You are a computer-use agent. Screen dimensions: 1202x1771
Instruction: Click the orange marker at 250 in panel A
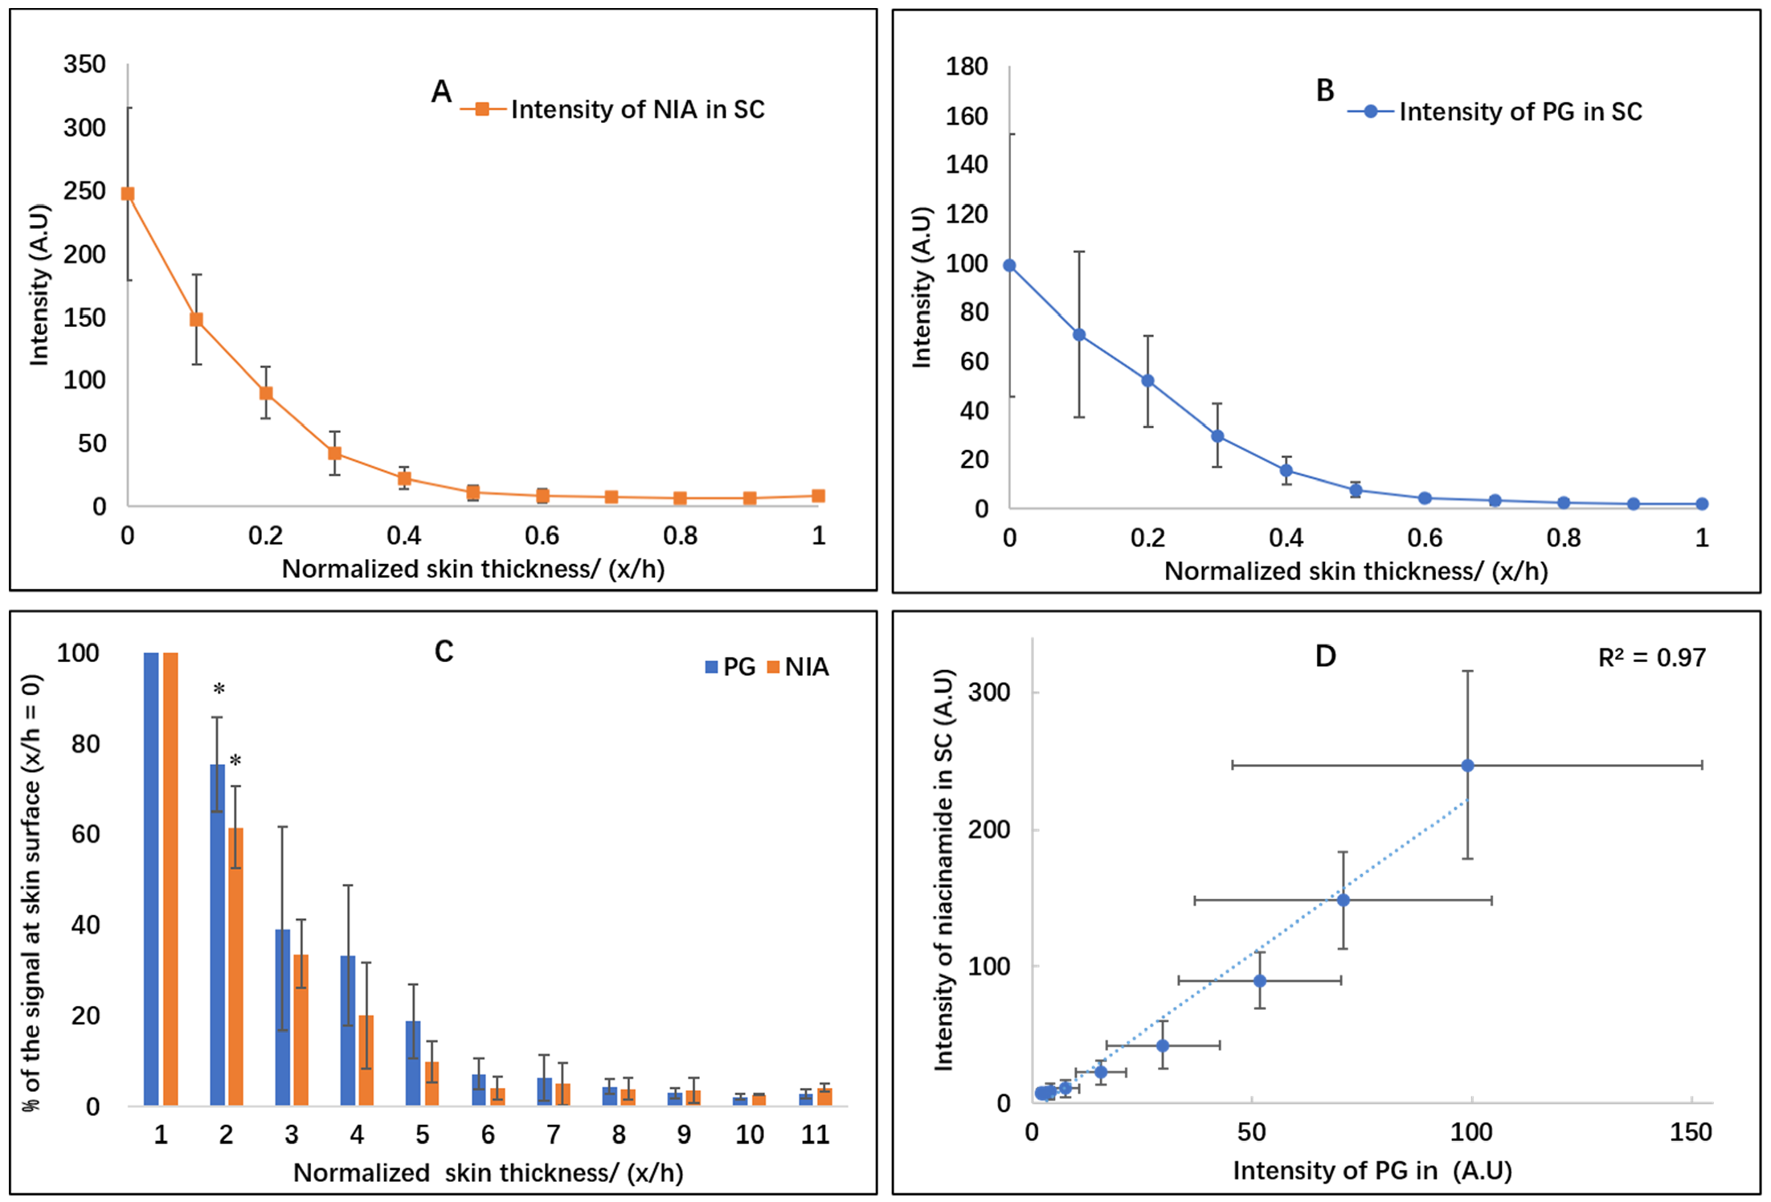128,194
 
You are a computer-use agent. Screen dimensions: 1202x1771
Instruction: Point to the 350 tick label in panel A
84,64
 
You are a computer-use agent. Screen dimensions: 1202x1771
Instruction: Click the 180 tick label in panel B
966,67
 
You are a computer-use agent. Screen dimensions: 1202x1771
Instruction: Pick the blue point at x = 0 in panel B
1009,266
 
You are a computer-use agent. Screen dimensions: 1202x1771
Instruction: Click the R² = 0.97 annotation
1651,658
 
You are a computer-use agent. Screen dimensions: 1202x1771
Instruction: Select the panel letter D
1325,656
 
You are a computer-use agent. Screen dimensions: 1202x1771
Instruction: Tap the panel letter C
444,651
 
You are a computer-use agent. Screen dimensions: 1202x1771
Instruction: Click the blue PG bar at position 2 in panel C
217,934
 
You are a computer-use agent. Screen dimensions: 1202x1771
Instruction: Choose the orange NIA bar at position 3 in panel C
301,1030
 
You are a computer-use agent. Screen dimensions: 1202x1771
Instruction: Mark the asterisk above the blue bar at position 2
219,689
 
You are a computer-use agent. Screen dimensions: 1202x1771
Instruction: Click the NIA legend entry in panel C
798,667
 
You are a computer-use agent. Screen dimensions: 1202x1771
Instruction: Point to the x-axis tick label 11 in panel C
815,1135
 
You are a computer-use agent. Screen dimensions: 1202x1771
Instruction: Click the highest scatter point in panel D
1467,766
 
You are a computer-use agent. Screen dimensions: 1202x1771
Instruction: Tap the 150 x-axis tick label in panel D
1691,1132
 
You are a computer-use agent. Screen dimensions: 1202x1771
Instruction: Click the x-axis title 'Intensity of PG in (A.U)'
1372,1171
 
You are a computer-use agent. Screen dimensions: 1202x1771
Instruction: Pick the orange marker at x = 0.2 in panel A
266,393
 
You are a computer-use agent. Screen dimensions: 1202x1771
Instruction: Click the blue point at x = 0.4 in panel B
1286,471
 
